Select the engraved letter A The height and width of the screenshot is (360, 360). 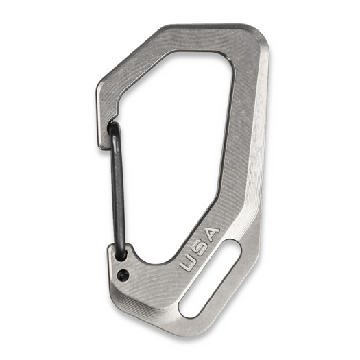coord(211,233)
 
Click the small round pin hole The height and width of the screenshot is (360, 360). coord(123,276)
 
